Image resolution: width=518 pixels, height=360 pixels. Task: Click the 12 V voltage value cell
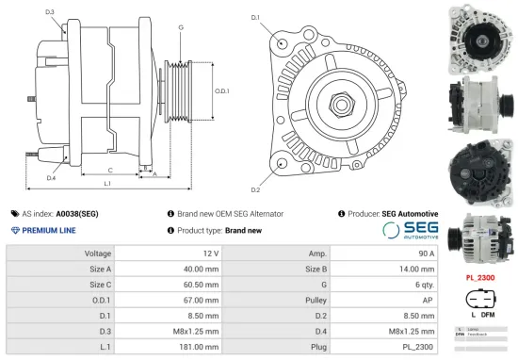(x=210, y=254)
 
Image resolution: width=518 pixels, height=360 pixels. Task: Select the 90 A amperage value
(x=425, y=254)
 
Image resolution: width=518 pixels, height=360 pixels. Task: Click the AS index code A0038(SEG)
(x=76, y=214)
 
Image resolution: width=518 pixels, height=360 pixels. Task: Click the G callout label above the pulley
(x=181, y=27)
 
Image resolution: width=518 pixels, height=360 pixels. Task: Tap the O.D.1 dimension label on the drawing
(x=222, y=90)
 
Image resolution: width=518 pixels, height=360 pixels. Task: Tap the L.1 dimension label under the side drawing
(x=106, y=182)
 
